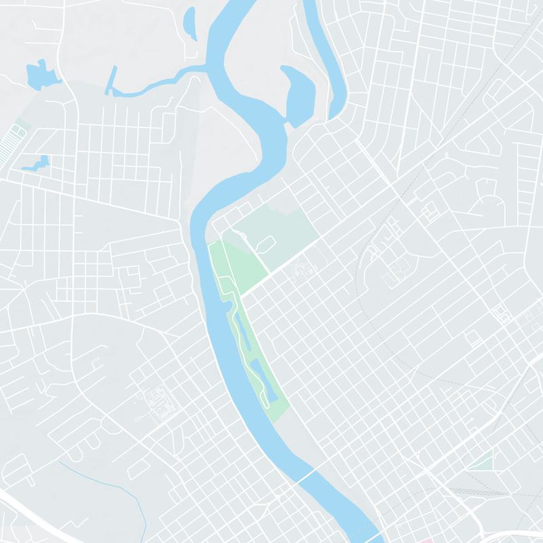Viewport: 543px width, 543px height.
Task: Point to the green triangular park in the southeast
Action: tap(483, 461)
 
